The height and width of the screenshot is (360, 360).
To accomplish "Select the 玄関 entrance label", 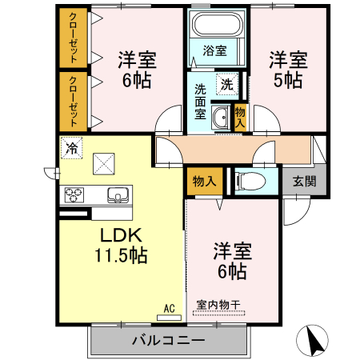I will coord(303,181).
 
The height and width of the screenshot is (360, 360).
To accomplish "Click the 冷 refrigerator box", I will coord(72,147).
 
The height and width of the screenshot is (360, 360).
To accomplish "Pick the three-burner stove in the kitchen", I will coord(74,194).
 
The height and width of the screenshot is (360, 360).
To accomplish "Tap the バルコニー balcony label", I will coord(168,340).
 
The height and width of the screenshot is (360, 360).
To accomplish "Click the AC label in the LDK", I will coord(169,306).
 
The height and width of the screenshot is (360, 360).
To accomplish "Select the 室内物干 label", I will coord(218,305).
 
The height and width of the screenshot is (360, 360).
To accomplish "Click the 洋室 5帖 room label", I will coord(286,70).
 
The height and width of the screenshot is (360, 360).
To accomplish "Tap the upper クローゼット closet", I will coord(73,38).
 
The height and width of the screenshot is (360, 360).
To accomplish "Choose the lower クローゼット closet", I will coord(73,101).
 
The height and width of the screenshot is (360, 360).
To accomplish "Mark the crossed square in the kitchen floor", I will coord(104,163).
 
